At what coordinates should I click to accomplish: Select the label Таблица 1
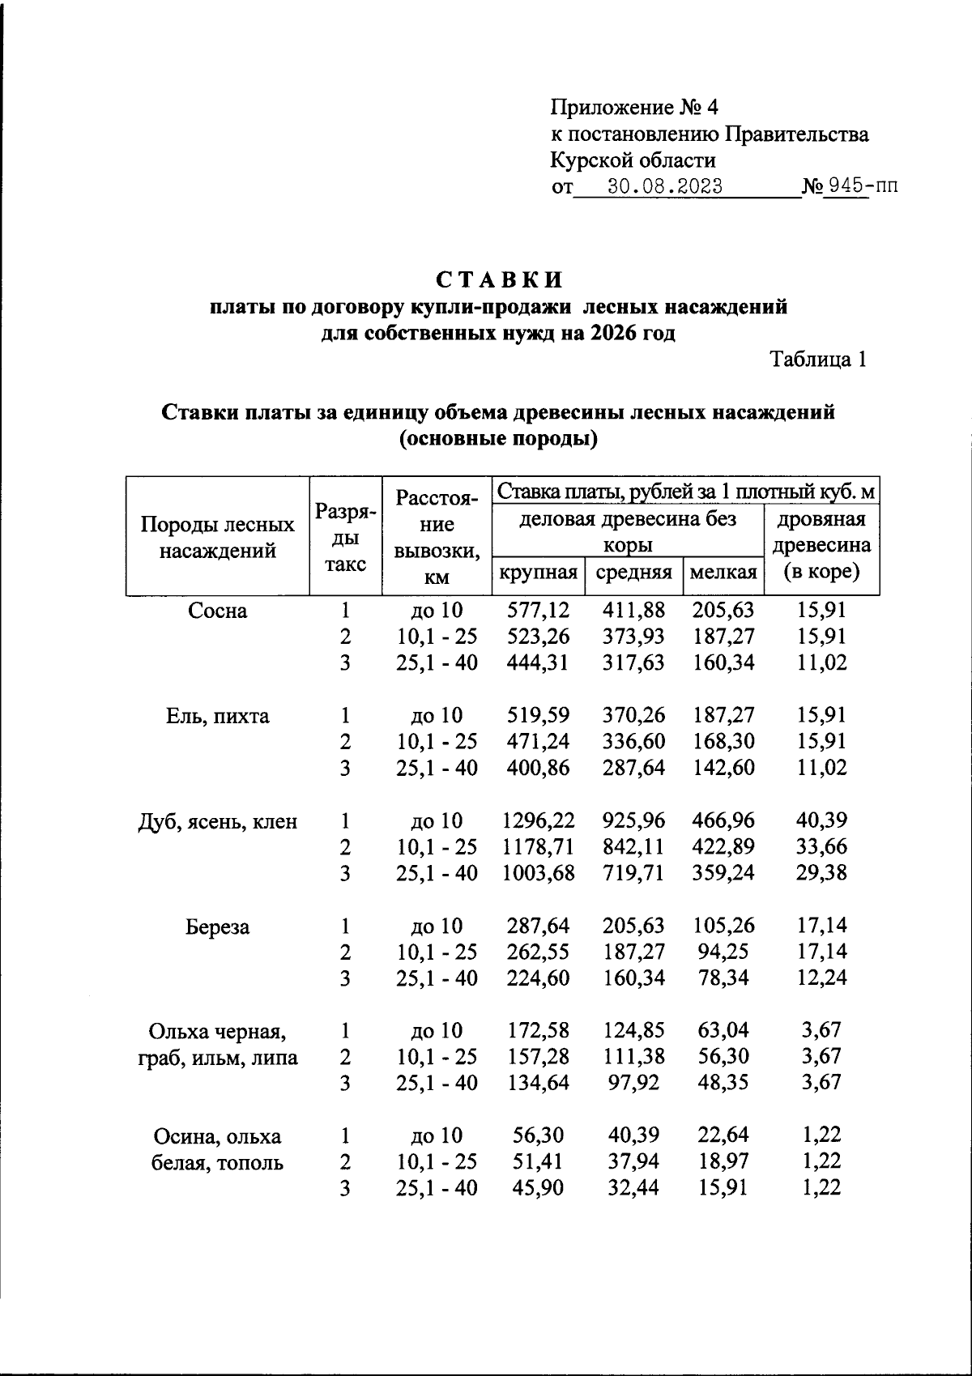click(x=818, y=360)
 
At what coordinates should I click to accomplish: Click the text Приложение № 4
click(x=634, y=108)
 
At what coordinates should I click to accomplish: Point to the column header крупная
click(x=538, y=573)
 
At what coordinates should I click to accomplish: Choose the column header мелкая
click(x=723, y=573)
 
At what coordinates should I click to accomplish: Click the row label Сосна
click(x=217, y=611)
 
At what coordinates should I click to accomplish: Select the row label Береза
click(x=217, y=927)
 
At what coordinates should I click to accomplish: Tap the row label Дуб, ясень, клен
click(x=217, y=822)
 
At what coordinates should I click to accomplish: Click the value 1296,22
click(x=538, y=821)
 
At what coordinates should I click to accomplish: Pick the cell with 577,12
click(x=538, y=610)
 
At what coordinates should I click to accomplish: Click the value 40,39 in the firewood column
click(x=821, y=821)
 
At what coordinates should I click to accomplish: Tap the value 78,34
click(x=723, y=978)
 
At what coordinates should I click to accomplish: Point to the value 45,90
click(x=538, y=1188)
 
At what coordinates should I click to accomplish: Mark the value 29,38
click(x=821, y=873)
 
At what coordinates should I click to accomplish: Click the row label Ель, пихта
click(x=217, y=716)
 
